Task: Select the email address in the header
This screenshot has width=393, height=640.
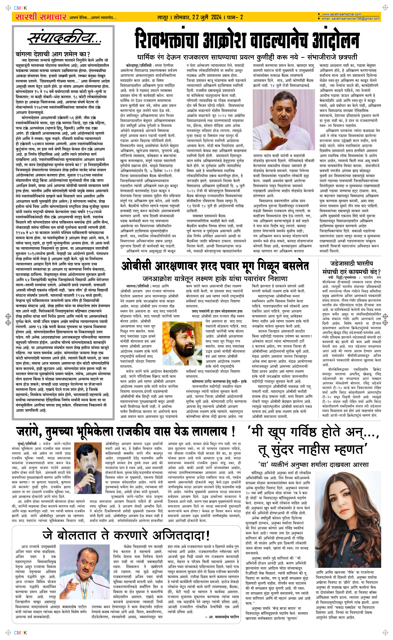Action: coord(351,19)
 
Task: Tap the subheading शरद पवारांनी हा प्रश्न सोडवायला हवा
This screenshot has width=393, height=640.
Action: coord(217,311)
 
